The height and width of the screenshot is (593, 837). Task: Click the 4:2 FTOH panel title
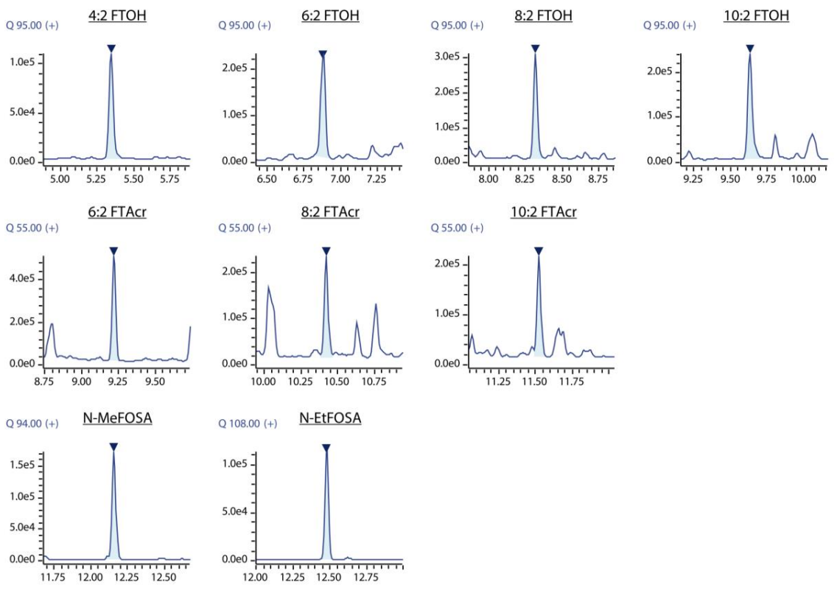[117, 15]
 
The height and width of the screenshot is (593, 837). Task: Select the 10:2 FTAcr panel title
[543, 212]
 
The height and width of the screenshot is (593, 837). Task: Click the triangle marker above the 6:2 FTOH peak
[322, 54]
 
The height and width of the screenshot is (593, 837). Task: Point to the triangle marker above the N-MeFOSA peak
[113, 447]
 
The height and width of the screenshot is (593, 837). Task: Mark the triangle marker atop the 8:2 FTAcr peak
[326, 251]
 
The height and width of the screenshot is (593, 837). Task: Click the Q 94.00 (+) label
[32, 424]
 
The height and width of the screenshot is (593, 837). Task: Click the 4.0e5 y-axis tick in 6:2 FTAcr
[22, 278]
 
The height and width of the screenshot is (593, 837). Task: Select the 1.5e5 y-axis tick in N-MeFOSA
[22, 465]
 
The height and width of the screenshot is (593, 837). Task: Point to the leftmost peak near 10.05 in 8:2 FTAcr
[269, 291]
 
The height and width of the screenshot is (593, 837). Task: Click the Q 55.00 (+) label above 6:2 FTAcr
[32, 228]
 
